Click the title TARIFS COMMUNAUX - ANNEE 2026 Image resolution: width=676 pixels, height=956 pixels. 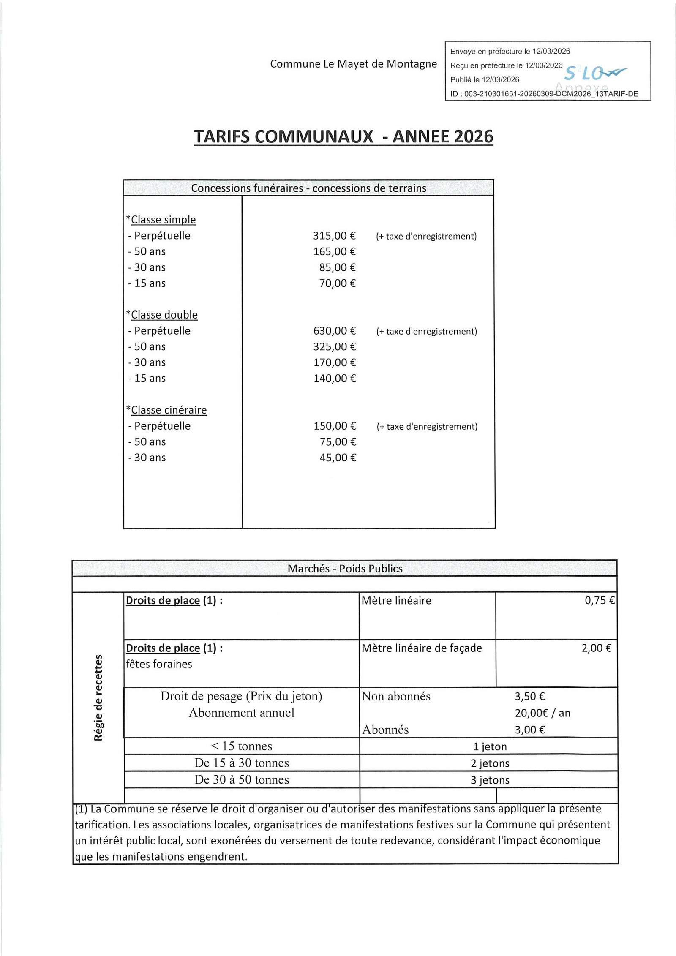click(x=343, y=136)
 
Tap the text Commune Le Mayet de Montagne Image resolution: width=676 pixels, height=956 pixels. click(x=353, y=64)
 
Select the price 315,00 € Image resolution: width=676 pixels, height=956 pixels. click(x=334, y=236)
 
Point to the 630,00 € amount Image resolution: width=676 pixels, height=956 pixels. click(x=334, y=331)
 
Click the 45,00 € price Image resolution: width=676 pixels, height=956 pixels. click(x=338, y=458)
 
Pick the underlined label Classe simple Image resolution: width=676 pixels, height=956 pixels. click(x=163, y=220)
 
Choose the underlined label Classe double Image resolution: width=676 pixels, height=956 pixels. click(x=164, y=315)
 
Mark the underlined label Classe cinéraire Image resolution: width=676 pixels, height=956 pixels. click(x=169, y=410)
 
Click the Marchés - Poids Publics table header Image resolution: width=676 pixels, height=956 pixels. click(x=345, y=569)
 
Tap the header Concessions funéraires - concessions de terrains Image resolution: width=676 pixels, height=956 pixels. click(x=308, y=188)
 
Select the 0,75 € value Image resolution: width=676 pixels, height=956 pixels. click(x=599, y=600)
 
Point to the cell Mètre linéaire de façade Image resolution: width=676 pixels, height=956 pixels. click(x=422, y=648)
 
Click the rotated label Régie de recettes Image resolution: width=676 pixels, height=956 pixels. click(x=98, y=697)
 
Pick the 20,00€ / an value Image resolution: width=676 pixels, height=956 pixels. click(x=542, y=713)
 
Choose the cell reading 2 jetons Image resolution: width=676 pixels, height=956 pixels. click(x=490, y=763)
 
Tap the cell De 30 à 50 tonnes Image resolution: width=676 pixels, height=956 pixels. click(x=242, y=780)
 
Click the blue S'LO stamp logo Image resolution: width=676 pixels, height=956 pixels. click(x=594, y=74)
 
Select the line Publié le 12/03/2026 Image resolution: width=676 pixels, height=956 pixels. click(x=485, y=79)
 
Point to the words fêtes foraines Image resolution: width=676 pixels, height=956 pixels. click(x=159, y=664)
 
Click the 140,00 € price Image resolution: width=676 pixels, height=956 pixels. click(x=334, y=379)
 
